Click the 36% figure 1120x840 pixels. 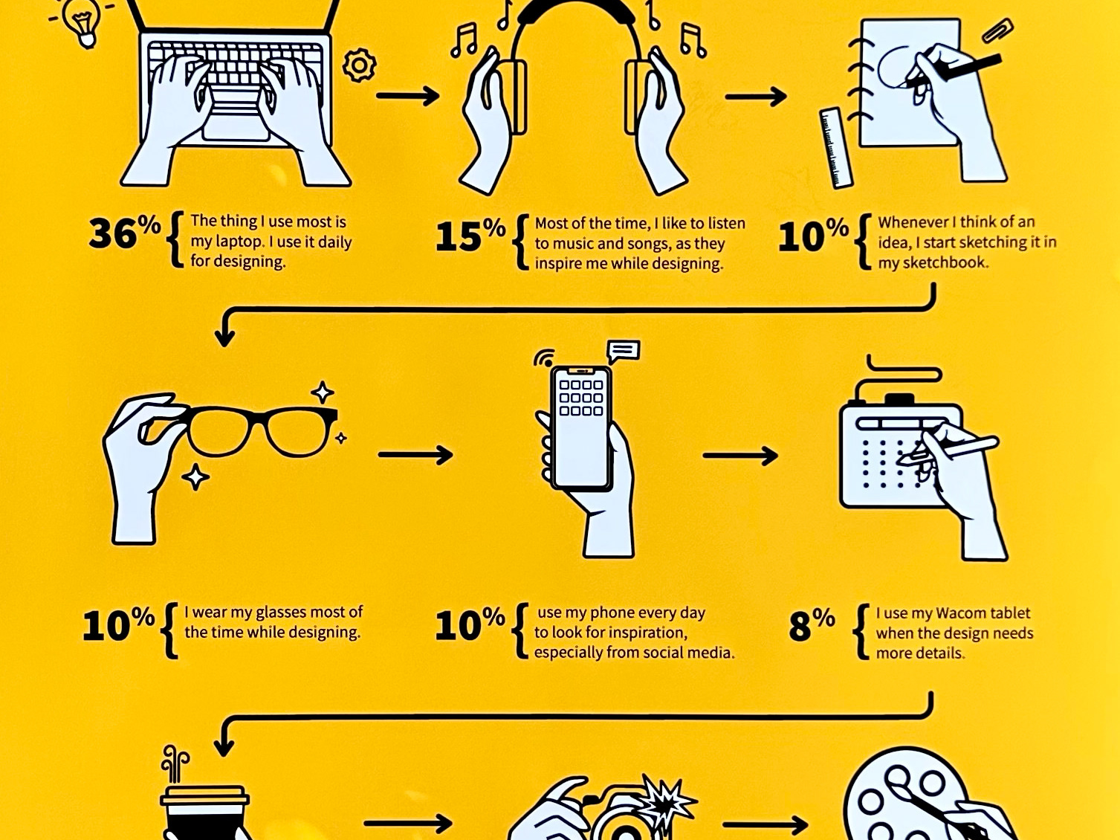coord(125,233)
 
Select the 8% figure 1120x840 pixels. coord(812,624)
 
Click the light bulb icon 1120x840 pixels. coord(82,22)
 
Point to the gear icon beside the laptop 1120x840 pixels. coord(359,65)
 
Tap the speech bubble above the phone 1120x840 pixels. coord(623,352)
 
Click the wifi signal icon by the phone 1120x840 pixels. coord(543,358)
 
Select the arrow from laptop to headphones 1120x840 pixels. coord(407,95)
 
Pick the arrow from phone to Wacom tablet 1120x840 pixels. coord(740,455)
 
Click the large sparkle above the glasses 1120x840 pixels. coord(323,392)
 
